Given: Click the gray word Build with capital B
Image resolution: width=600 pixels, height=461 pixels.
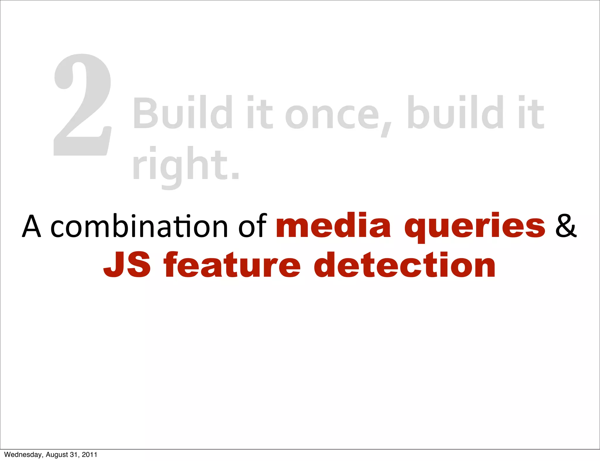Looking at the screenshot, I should [x=183, y=113].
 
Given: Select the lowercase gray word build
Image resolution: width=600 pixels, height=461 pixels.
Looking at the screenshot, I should [x=456, y=113].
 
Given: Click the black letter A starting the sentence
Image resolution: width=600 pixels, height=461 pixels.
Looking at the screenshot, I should [x=32, y=226].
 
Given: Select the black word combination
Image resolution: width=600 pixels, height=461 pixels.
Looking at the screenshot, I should [x=139, y=226].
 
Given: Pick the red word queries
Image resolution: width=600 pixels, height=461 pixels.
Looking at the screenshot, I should [x=475, y=227].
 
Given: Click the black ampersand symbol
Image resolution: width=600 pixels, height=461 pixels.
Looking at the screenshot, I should [x=566, y=226].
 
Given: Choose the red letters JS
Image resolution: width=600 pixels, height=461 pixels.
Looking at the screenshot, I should [x=127, y=265].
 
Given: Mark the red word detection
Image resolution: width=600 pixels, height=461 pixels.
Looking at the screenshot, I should [x=405, y=265].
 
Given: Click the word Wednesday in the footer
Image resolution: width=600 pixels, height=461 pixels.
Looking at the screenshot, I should [x=23, y=455].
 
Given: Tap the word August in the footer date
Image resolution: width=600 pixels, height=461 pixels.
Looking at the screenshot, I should [x=57, y=455].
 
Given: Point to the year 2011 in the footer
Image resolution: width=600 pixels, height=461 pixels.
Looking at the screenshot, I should [x=89, y=455].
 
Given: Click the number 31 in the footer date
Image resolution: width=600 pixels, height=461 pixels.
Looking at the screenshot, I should [x=74, y=455].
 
